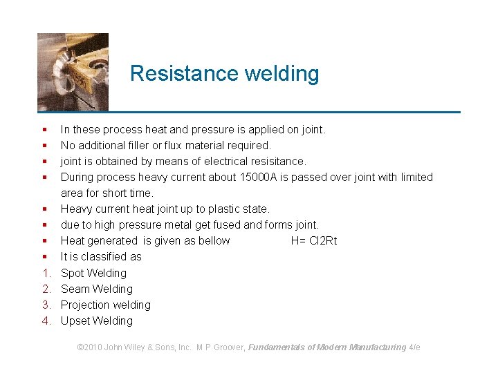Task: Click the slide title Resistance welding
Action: click(224, 73)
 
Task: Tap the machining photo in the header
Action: click(73, 72)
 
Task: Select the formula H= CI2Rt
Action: click(314, 240)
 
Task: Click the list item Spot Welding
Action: click(93, 273)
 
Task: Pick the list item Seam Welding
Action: click(96, 289)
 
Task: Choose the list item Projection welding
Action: click(105, 305)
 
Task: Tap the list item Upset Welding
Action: click(96, 321)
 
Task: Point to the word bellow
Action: click(213, 240)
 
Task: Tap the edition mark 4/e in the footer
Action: click(414, 347)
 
